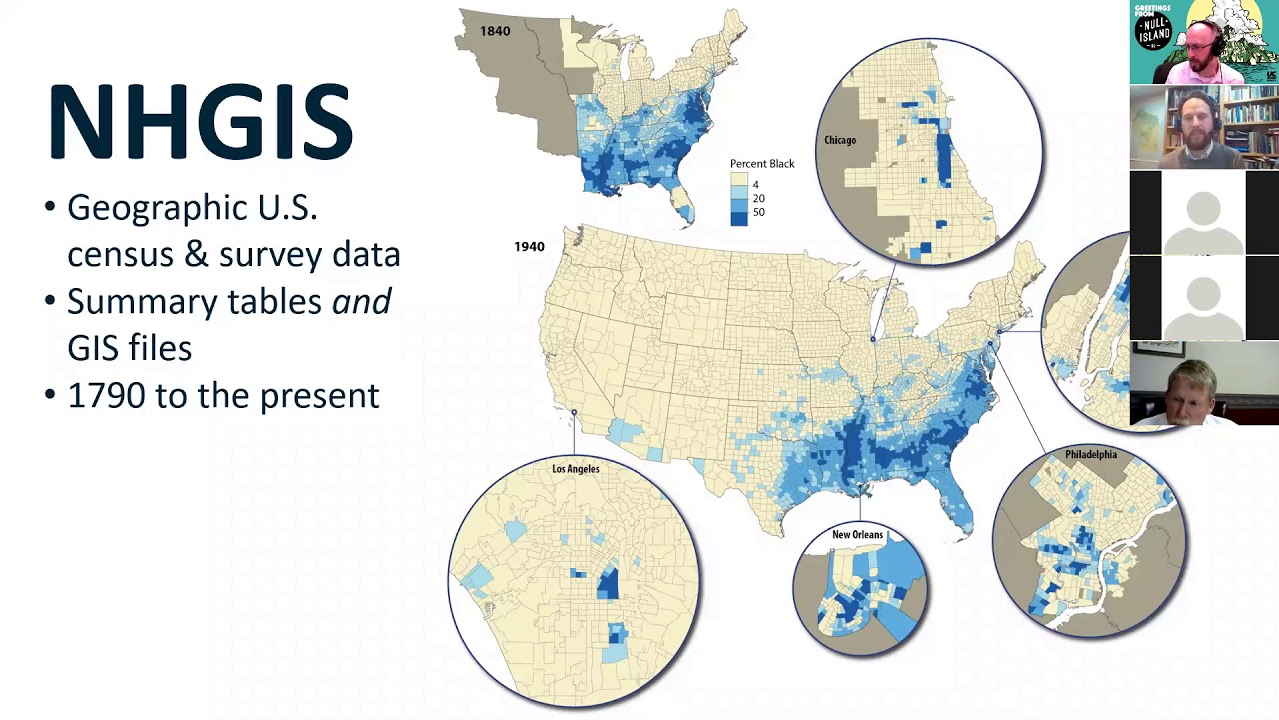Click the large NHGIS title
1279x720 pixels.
click(200, 122)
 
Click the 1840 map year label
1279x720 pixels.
click(495, 31)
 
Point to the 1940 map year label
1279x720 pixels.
click(529, 246)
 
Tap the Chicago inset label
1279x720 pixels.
click(839, 140)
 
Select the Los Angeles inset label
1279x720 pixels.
click(576, 469)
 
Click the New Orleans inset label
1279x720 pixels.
click(857, 535)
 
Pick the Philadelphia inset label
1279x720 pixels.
click(1090, 455)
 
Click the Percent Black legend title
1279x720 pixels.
click(762, 164)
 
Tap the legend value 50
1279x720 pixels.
click(759, 212)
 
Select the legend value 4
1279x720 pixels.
click(756, 185)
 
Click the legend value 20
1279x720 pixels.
click(759, 198)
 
